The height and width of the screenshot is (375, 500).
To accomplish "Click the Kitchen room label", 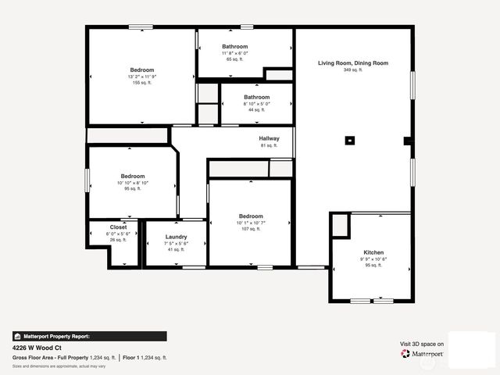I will pos(373,252).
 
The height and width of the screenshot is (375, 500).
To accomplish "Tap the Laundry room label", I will pos(176,237).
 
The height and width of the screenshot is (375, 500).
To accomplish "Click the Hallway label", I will pos(269,138).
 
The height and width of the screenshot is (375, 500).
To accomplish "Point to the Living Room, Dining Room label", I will pos(352,62).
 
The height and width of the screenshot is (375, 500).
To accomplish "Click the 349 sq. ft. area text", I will pos(352,70).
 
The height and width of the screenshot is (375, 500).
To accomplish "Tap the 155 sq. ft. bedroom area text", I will pos(141,82).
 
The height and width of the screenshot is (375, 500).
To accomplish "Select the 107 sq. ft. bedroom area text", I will pos(251,229).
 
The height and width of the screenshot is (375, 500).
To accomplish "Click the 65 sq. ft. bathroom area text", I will pos(234,59).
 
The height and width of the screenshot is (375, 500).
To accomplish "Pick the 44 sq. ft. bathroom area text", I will pos(256,110).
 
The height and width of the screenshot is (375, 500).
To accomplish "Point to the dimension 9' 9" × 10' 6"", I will pos(373,259).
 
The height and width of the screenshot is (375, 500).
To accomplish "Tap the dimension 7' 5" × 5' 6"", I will pos(176,243).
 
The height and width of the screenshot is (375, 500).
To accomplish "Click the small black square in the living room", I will pos(350,141).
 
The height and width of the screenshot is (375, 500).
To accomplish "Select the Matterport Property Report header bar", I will pos(89,336).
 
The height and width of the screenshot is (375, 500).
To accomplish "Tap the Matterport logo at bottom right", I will pos(423,354).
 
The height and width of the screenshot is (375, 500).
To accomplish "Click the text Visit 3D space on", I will pos(422,344).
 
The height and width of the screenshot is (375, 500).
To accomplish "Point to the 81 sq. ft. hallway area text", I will pos(269,145).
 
